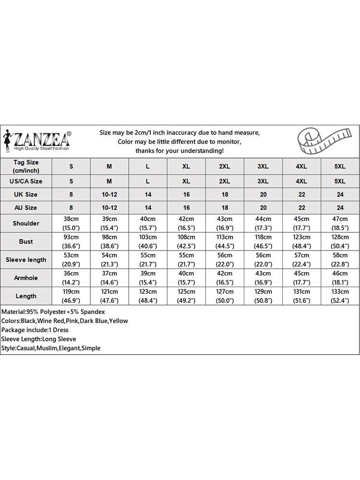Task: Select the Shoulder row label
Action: (26, 223)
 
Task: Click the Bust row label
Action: (26, 241)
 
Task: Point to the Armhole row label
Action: (26, 278)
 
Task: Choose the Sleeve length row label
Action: (26, 260)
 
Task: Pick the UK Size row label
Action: (26, 194)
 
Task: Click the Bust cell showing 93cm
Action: (71, 241)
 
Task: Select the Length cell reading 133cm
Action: (340, 296)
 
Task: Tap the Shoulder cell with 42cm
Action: (186, 223)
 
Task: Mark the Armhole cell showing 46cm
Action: (340, 278)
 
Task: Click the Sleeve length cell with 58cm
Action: (340, 260)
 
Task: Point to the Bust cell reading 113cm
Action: (225, 241)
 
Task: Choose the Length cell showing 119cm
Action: (71, 296)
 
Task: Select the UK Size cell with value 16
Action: (186, 194)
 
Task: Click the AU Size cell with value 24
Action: (340, 208)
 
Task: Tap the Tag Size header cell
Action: (26, 167)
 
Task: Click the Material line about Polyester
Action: (48, 312)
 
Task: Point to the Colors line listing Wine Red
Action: (65, 321)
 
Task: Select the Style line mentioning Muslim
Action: (51, 348)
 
